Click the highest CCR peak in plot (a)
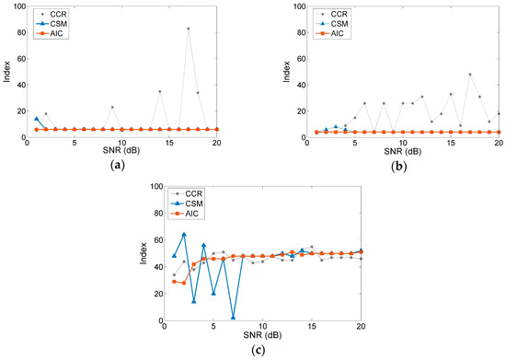[x=189, y=29]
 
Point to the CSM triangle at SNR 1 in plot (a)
[x=36, y=119]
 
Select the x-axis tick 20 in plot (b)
[x=500, y=145]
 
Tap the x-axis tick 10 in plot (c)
[x=262, y=328]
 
